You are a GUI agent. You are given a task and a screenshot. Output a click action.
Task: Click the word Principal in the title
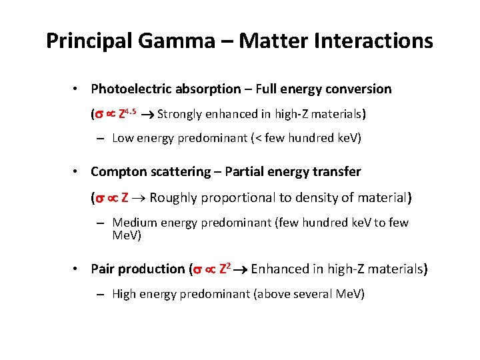pyautogui.click(x=91, y=41)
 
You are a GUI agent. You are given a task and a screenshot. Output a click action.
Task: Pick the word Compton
pyautogui.click(x=117, y=172)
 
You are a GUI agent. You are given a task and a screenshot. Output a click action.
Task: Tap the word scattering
pyautogui.click(x=177, y=172)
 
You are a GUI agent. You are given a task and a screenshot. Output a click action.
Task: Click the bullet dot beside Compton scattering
pyautogui.click(x=77, y=172)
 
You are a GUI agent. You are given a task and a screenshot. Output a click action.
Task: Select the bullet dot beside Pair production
pyautogui.click(x=77, y=269)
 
